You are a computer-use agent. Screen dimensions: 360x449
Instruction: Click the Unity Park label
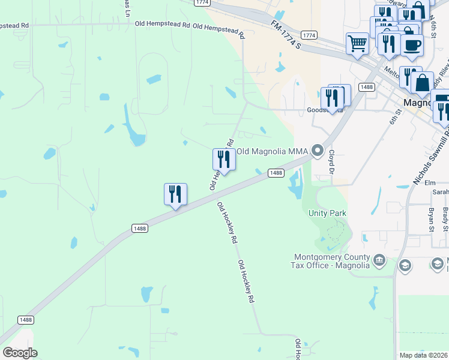click(x=328, y=213)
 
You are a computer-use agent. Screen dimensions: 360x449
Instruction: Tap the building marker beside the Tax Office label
click(x=379, y=260)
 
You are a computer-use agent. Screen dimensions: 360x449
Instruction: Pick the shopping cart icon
click(x=357, y=43)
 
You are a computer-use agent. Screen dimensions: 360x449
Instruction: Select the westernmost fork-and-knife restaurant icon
click(x=175, y=194)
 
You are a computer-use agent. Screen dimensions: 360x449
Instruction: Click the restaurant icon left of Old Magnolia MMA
click(x=224, y=159)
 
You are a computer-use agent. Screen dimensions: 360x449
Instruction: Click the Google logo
click(x=20, y=353)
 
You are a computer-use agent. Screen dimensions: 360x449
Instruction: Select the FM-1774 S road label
click(x=285, y=34)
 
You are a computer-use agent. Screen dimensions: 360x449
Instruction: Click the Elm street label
click(x=429, y=182)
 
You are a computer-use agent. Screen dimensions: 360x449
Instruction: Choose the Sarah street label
click(x=441, y=192)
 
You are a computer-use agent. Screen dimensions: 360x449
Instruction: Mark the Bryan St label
click(x=431, y=220)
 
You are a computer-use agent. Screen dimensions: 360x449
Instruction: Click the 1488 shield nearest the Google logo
click(x=25, y=320)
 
